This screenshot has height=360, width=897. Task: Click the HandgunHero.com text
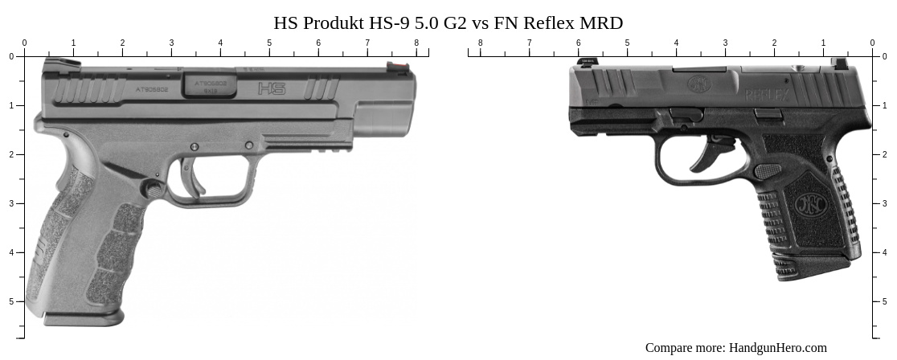777,348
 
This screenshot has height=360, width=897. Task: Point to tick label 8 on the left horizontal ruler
416,43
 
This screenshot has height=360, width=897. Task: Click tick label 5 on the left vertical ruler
10,301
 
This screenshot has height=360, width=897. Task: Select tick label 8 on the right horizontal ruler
481,43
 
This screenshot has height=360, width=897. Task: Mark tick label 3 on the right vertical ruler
884,203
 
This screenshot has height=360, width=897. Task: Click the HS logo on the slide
272,88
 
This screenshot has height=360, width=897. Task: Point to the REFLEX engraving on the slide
770,95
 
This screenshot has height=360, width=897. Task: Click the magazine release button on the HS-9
150,190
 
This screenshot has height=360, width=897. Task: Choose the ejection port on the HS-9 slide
209,84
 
